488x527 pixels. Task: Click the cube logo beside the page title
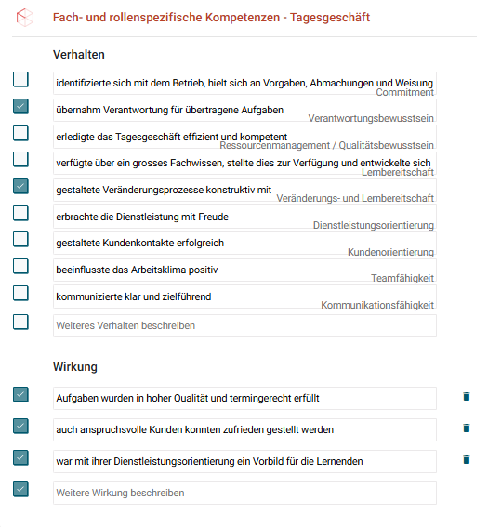(25, 17)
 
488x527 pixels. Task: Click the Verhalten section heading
(79, 55)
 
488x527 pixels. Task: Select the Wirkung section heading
(74, 367)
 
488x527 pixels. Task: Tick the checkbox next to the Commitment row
(20, 80)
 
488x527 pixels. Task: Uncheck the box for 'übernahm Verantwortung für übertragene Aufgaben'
(20, 107)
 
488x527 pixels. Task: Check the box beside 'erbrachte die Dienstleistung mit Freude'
(20, 214)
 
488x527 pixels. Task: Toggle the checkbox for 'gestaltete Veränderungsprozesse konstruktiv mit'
(20, 187)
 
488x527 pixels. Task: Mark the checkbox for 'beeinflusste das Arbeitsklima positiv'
(20, 267)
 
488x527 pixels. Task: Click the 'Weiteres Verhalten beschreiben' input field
(244, 326)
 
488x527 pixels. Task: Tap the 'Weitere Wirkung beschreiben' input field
(244, 493)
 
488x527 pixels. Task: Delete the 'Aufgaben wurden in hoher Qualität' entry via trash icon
(467, 397)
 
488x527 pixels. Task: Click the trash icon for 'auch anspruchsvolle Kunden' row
(467, 428)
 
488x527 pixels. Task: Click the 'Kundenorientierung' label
(390, 252)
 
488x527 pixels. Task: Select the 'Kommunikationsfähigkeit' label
(377, 306)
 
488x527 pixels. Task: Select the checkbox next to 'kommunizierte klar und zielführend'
(20, 294)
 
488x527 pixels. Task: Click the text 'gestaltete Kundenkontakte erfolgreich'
(139, 244)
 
